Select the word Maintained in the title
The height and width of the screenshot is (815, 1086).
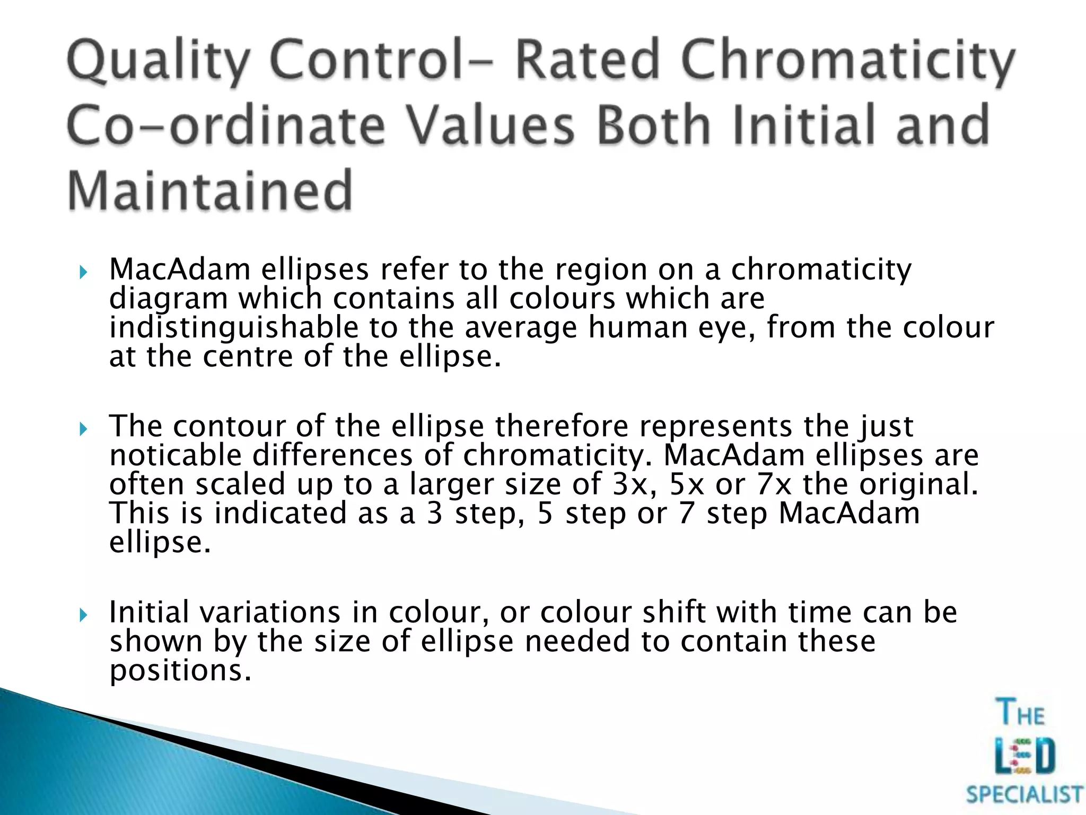pyautogui.click(x=210, y=190)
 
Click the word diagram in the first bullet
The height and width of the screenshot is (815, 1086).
pyautogui.click(x=168, y=299)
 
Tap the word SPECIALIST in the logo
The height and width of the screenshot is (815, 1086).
pyautogui.click(x=1024, y=795)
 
